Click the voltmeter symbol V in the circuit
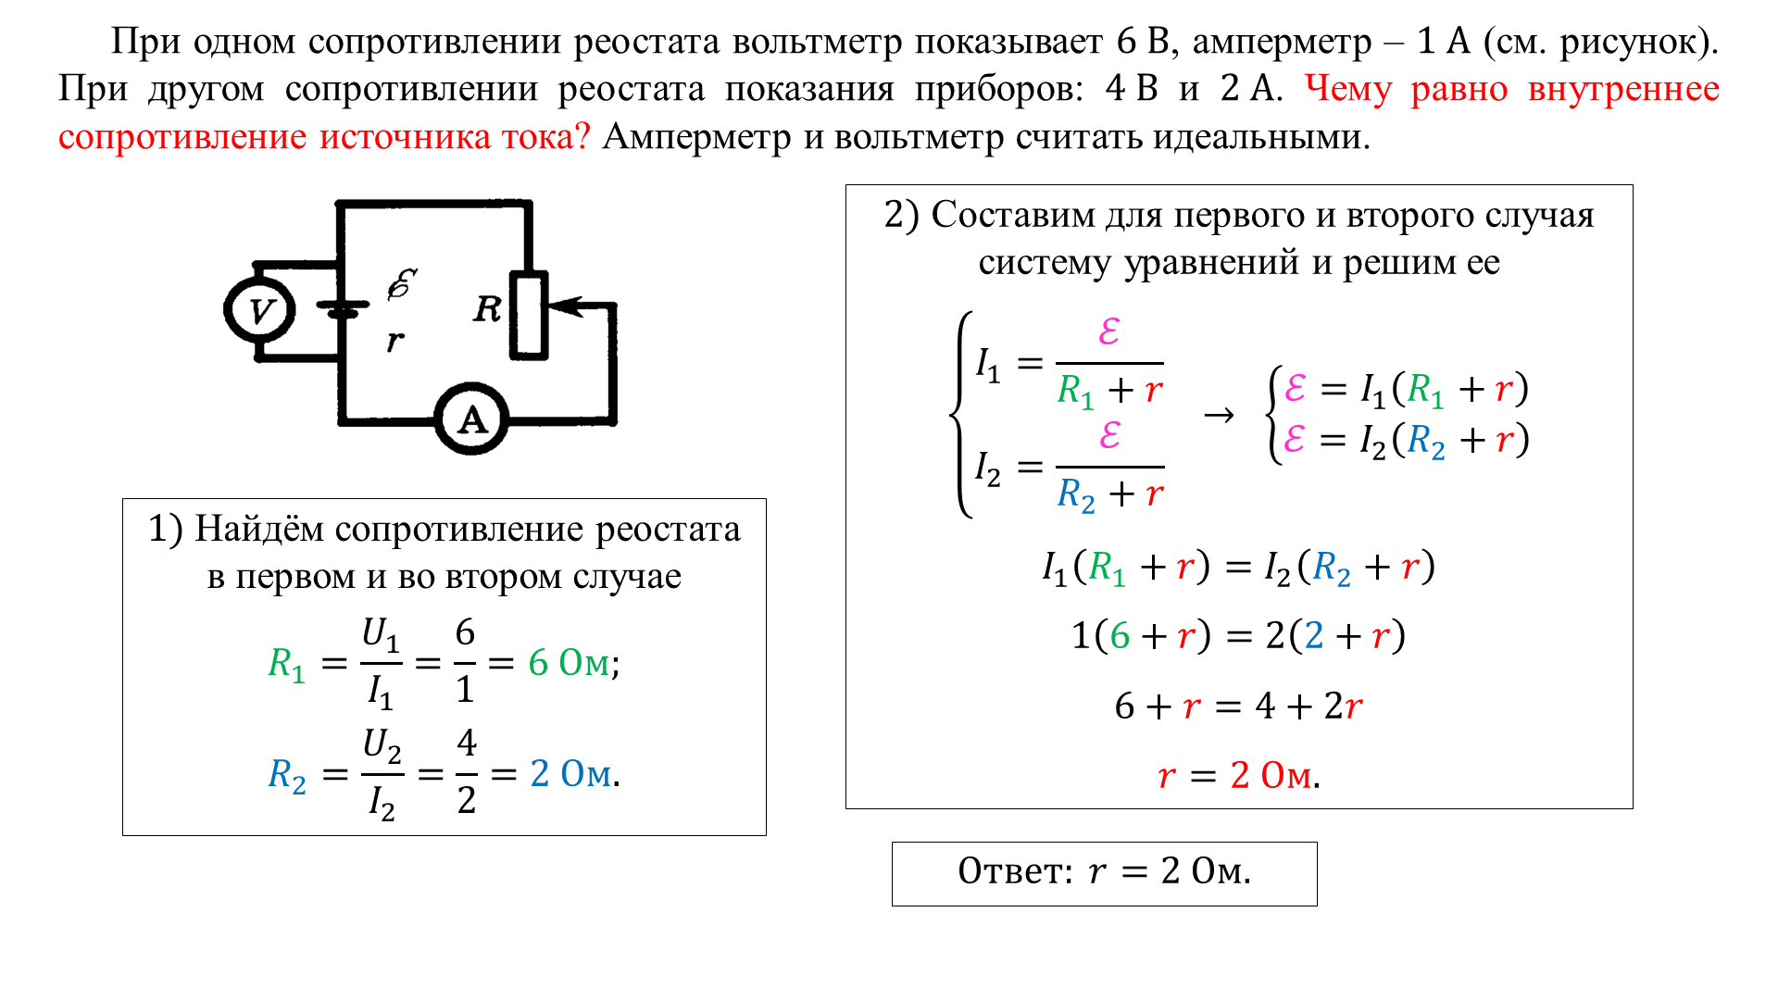[260, 310]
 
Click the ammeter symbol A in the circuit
[472, 419]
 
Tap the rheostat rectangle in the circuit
[529, 315]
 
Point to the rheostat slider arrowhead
[564, 306]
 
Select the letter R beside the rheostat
[487, 308]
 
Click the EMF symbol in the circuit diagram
[402, 284]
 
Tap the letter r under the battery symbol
[395, 341]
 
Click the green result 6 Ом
[570, 663]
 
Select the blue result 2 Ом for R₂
[571, 773]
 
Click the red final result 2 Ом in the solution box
[1271, 775]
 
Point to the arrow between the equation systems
[1219, 415]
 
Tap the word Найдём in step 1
[259, 530]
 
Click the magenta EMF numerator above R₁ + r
[1109, 331]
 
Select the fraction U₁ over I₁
[381, 663]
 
